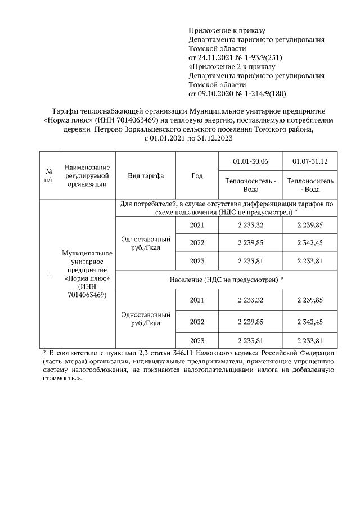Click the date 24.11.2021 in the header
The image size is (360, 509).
tap(218, 57)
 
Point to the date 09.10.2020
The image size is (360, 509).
tap(218, 93)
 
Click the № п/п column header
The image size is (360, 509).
tap(48, 175)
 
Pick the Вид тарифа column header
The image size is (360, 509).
tap(146, 175)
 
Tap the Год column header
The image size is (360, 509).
tap(196, 175)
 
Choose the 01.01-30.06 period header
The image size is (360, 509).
tap(250, 162)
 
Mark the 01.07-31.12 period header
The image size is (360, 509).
tap(310, 162)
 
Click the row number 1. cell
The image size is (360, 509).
tap(49, 274)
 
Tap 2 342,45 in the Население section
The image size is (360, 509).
tap(310, 322)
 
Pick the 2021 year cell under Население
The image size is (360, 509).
tap(196, 300)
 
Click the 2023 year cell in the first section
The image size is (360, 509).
tap(196, 260)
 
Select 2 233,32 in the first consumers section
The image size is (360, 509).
tap(250, 225)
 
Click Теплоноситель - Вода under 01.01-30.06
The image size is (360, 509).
tap(250, 185)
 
